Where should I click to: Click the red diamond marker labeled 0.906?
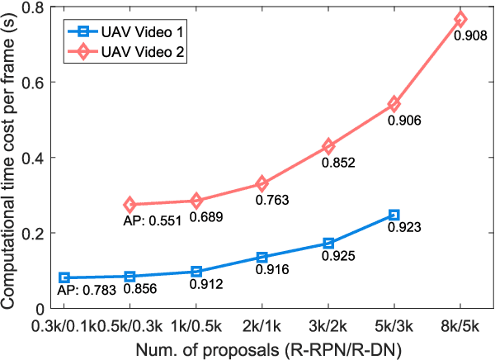[x=394, y=104]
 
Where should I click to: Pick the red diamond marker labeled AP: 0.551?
[x=130, y=205]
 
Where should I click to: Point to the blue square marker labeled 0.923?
[x=394, y=215]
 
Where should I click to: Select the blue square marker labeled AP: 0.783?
[x=64, y=278]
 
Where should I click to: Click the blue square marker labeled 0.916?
[x=262, y=258]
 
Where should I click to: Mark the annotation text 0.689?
[x=207, y=217]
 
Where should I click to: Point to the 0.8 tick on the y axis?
[x=35, y=8]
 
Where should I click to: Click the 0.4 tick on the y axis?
[x=35, y=158]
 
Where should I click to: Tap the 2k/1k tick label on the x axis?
[x=262, y=327]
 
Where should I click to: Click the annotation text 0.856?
[x=141, y=289]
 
